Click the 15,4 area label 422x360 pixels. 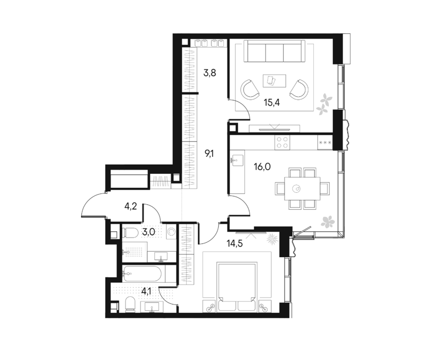pyautogui.click(x=272, y=102)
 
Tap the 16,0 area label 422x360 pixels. pyautogui.click(x=262, y=167)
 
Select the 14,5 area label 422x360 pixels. pyautogui.click(x=234, y=244)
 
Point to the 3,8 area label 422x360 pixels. pyautogui.click(x=209, y=73)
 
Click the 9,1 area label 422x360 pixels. pyautogui.click(x=209, y=154)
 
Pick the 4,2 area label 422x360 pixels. pyautogui.click(x=131, y=206)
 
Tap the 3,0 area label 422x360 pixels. pyautogui.click(x=148, y=232)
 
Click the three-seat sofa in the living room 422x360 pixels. pyautogui.click(x=274, y=51)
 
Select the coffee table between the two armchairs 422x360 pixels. pyautogui.click(x=274, y=81)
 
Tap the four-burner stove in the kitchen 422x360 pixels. pyautogui.click(x=283, y=142)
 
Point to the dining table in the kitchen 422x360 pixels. pyautogui.click(x=302, y=189)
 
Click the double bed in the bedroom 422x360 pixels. pyautogui.click(x=237, y=287)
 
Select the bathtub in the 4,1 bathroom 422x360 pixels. pyautogui.click(x=142, y=274)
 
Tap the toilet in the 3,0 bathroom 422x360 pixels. pyautogui.click(x=131, y=232)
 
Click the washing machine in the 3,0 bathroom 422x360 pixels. pyautogui.click(x=171, y=232)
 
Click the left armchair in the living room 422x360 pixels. pyautogui.click(x=250, y=89)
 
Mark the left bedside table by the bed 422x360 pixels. pyautogui.click(x=210, y=305)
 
